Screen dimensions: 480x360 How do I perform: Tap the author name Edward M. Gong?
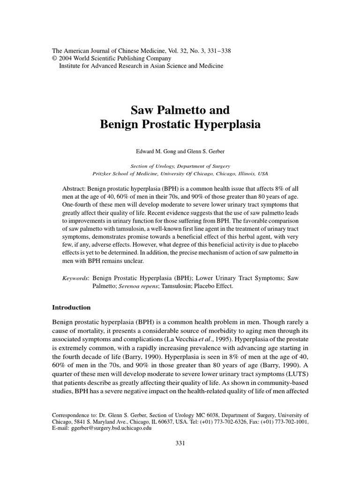(154, 152)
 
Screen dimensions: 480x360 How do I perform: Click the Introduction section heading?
(71, 307)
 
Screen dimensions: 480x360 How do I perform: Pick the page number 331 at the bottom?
(180, 443)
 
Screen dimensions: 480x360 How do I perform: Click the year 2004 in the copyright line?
(63, 59)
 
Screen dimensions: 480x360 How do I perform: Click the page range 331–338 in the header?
(218, 51)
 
